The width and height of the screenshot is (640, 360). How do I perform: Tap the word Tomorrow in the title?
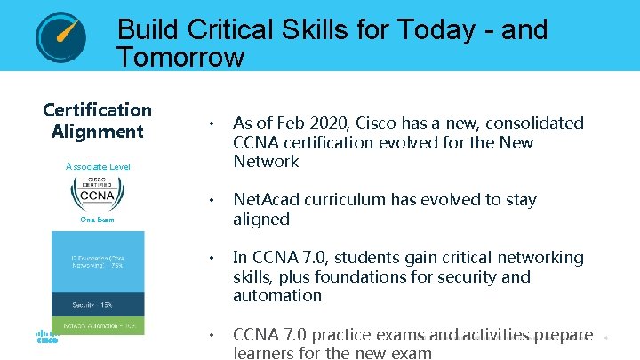[x=180, y=59]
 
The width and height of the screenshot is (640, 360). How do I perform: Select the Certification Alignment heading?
[x=98, y=121]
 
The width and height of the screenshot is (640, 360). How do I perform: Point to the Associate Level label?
[x=98, y=166]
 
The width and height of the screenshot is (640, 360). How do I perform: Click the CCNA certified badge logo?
[x=98, y=193]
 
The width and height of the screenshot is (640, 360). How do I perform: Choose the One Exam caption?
[x=98, y=220]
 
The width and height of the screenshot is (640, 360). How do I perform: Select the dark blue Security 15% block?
[x=98, y=303]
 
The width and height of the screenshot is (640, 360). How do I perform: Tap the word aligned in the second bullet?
[x=261, y=220]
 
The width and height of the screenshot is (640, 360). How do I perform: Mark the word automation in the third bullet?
[x=277, y=296]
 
